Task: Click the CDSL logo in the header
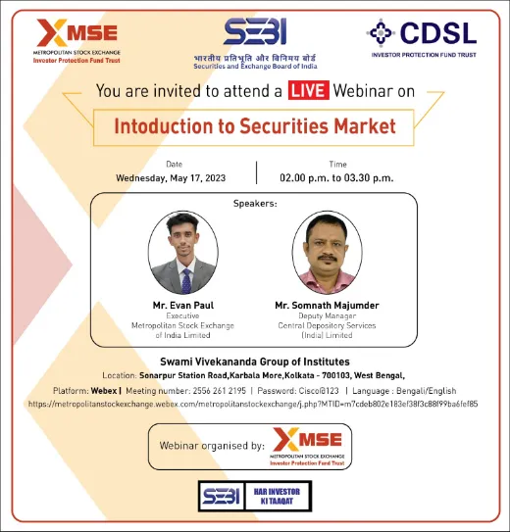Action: tap(422, 38)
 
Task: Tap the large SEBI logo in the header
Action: tap(255, 31)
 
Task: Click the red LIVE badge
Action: tap(309, 90)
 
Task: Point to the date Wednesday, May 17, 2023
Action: tap(171, 178)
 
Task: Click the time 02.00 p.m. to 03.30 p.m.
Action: tap(336, 178)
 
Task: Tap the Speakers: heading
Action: tap(255, 204)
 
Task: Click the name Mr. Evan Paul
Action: tap(183, 306)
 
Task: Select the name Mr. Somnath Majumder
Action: tap(327, 306)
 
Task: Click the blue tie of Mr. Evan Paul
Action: tap(186, 281)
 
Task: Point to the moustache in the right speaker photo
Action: tap(327, 259)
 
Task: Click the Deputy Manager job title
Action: tap(327, 315)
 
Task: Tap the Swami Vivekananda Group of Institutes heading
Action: tap(255, 362)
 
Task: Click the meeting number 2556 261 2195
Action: tap(220, 391)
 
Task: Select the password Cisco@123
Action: tap(318, 391)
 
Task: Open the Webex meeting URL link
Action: tap(253, 404)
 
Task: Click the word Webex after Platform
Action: tap(104, 391)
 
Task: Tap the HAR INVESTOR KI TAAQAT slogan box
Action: tap(278, 496)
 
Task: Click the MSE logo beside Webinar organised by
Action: tap(307, 446)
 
